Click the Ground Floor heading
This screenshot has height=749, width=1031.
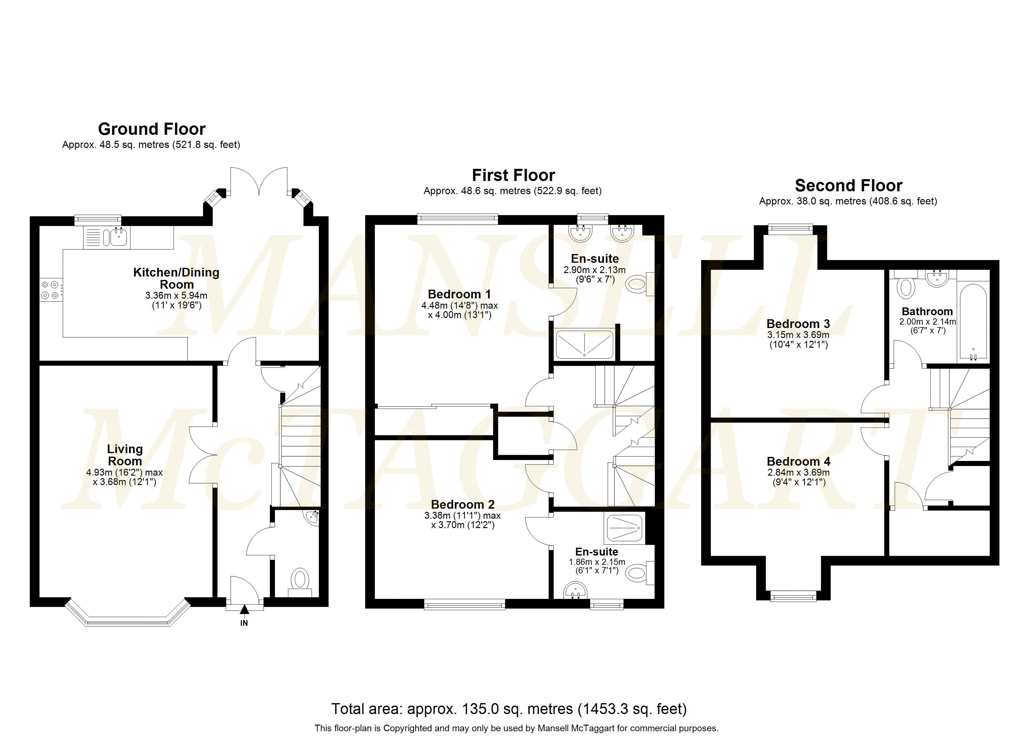152,129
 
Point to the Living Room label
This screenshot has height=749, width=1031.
125,455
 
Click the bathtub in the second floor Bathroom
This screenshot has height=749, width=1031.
973,320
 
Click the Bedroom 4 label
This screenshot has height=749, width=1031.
798,462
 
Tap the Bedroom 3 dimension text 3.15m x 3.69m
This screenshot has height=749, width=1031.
798,335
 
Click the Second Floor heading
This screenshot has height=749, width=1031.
848,185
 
